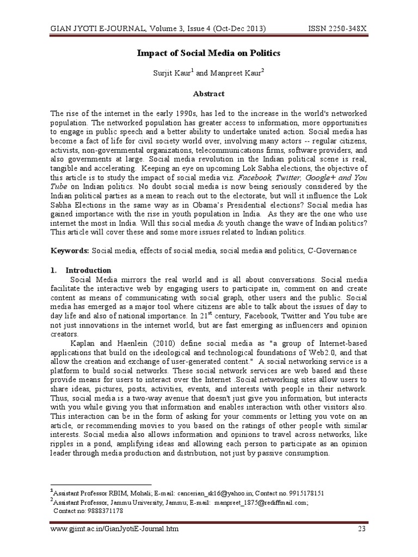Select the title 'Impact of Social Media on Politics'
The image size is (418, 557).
click(208, 53)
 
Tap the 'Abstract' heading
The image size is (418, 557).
click(208, 94)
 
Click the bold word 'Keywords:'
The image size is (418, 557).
click(70, 251)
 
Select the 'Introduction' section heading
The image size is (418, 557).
click(88, 270)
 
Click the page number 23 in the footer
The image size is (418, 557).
click(361, 529)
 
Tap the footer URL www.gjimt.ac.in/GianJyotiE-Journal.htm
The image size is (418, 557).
click(114, 529)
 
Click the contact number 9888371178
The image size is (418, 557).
click(103, 511)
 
